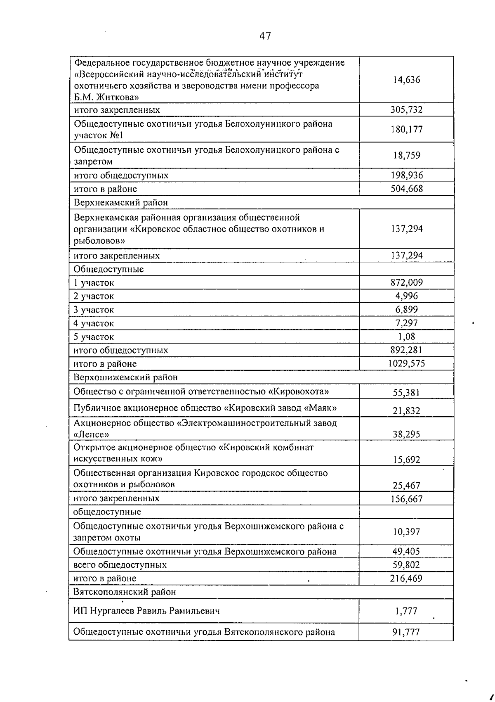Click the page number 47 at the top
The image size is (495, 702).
pyautogui.click(x=265, y=36)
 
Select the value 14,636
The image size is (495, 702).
pyautogui.click(x=406, y=80)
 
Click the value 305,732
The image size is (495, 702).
pyautogui.click(x=406, y=109)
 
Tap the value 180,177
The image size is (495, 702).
pyautogui.click(x=406, y=129)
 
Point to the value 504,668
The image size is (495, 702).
pyautogui.click(x=406, y=189)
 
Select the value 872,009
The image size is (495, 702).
pyautogui.click(x=406, y=282)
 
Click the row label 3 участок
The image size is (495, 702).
pyautogui.click(x=94, y=310)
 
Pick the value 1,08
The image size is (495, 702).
pyautogui.click(x=406, y=337)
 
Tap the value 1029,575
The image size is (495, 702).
pyautogui.click(x=406, y=363)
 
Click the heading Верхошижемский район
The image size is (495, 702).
pyautogui.click(x=125, y=377)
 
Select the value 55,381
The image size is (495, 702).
pyautogui.click(x=406, y=393)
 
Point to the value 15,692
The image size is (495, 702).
pyautogui.click(x=406, y=460)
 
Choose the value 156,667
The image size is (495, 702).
pyautogui.click(x=406, y=499)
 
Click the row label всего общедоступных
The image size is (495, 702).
pyautogui.click(x=120, y=564)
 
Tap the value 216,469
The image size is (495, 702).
pyautogui.click(x=406, y=578)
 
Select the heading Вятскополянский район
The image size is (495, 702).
pyautogui.click(x=125, y=591)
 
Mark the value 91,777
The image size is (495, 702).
pyautogui.click(x=406, y=632)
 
